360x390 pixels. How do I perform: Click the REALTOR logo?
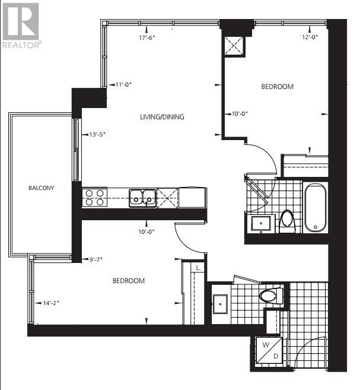pyautogui.click(x=22, y=26)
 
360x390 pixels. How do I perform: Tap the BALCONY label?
pyautogui.click(x=42, y=188)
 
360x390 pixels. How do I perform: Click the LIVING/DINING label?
pyautogui.click(x=162, y=117)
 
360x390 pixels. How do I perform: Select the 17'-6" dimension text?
pyautogui.click(x=147, y=38)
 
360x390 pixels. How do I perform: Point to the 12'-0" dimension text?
pyautogui.click(x=310, y=37)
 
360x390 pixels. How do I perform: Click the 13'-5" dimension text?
pyautogui.click(x=97, y=134)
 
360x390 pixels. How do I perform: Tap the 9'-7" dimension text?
pyautogui.click(x=95, y=259)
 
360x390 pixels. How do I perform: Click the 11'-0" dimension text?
pyautogui.click(x=123, y=84)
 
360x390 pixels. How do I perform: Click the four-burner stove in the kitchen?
pyautogui.click(x=95, y=198)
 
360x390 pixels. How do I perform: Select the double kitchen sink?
pyautogui.click(x=142, y=198)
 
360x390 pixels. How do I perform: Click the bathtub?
pyautogui.click(x=316, y=208)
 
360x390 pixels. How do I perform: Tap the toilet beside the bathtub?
pyautogui.click(x=288, y=221)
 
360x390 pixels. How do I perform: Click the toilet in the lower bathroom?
pyautogui.click(x=271, y=296)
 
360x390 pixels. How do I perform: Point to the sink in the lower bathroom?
pyautogui.click(x=221, y=304)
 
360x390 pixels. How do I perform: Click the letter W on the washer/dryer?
pyautogui.click(x=266, y=345)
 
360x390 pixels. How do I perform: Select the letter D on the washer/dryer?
pyautogui.click(x=276, y=356)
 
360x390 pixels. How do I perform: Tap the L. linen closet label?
pyautogui.click(x=198, y=268)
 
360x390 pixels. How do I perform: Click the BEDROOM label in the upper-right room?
pyautogui.click(x=278, y=87)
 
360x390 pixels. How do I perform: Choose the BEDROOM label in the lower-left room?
pyautogui.click(x=129, y=281)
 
